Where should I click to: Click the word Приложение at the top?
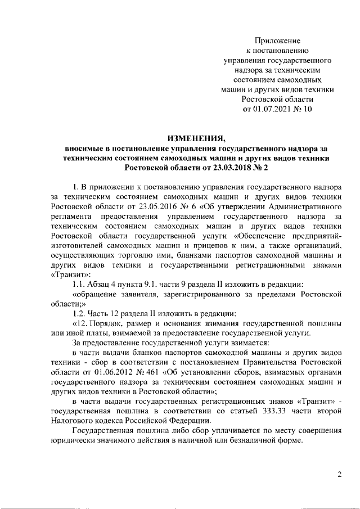click(278, 40)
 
